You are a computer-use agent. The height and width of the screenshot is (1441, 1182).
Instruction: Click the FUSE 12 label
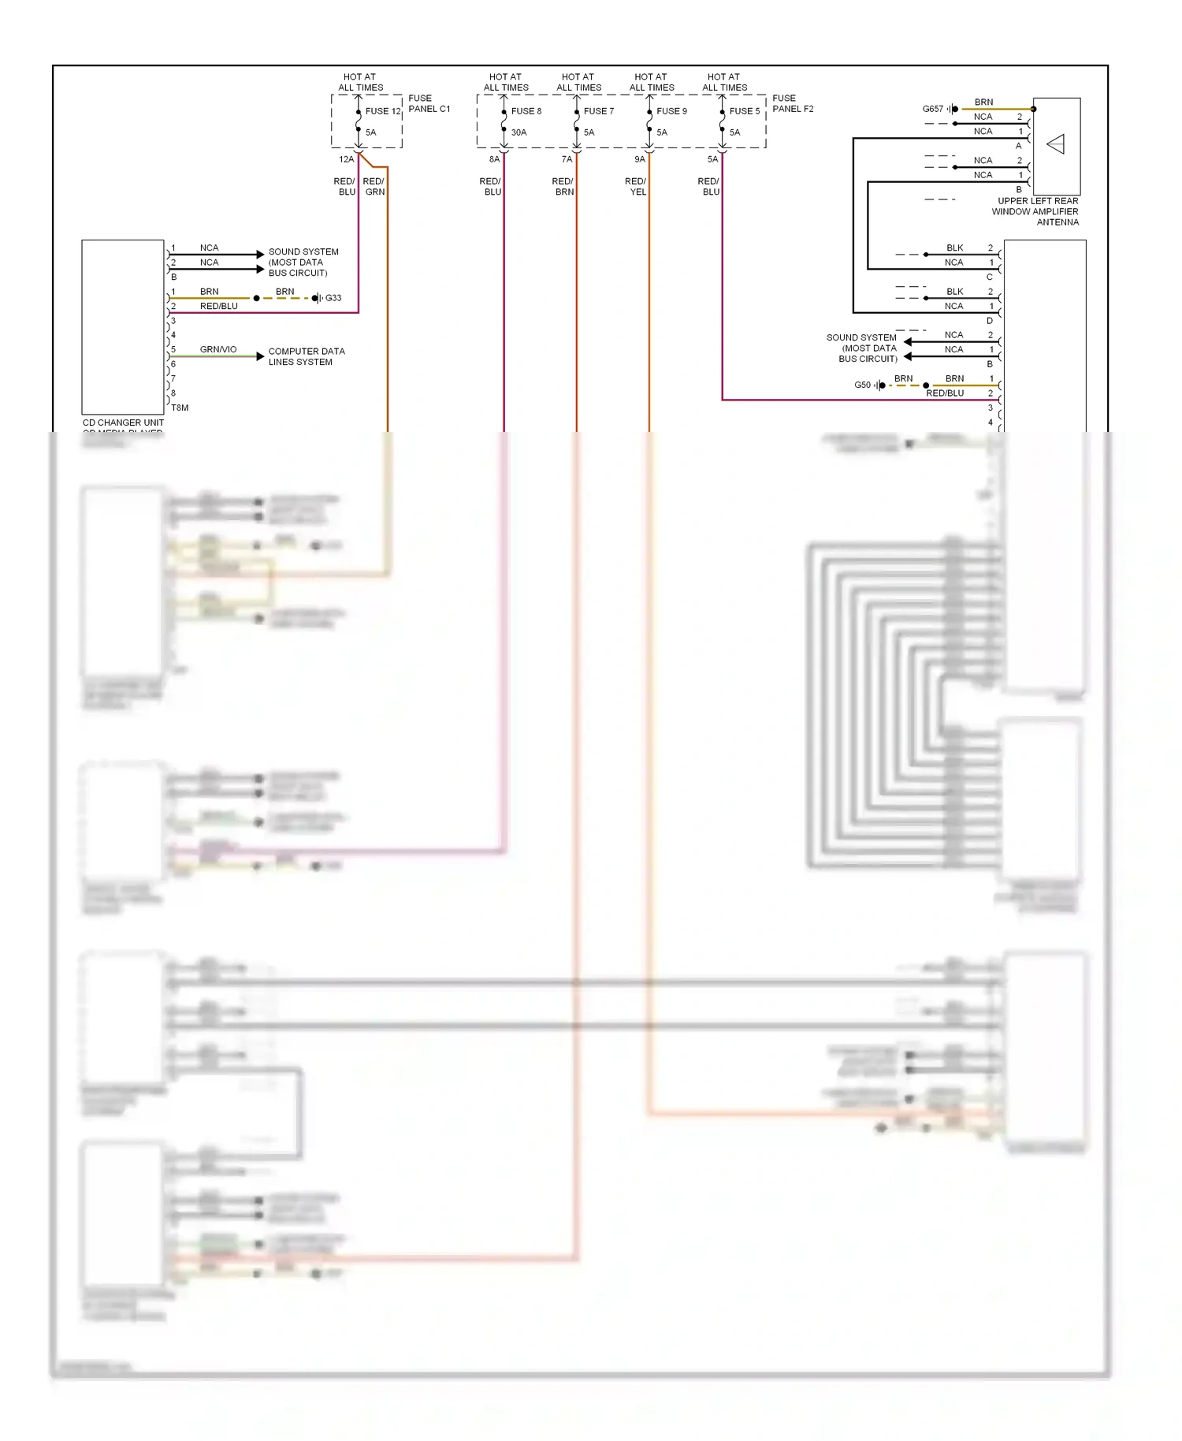pos(382,111)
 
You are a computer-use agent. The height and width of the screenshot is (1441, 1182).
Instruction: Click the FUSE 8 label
pos(526,111)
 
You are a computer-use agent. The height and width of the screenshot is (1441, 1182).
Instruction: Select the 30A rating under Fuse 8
pos(519,132)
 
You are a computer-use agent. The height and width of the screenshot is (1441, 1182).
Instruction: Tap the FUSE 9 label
pos(671,111)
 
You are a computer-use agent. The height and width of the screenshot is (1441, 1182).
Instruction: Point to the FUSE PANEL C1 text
pos(429,103)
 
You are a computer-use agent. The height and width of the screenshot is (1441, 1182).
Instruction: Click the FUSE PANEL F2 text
pos(792,103)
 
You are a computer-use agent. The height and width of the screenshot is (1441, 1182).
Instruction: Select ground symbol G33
pos(317,298)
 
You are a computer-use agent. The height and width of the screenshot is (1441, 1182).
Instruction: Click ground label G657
pos(932,109)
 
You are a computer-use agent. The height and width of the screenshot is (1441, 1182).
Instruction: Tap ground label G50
pos(862,385)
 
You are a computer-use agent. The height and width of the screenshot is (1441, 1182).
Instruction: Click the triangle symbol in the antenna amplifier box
pos(1056,144)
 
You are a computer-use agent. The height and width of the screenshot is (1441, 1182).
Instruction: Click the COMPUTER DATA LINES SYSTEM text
pos(306,356)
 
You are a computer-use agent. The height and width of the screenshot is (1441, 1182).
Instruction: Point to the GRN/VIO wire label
pos(217,349)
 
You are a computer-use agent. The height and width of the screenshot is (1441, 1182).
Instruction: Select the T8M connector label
pos(180,408)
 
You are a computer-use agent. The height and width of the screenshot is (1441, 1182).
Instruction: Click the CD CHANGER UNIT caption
pos(123,423)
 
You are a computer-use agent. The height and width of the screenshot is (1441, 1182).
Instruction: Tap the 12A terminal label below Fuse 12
pos(346,159)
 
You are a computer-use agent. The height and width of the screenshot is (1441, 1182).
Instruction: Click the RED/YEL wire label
pos(636,187)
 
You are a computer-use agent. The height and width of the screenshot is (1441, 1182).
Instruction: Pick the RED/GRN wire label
pos(374,187)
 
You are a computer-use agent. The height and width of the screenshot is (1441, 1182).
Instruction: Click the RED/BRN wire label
pos(563,187)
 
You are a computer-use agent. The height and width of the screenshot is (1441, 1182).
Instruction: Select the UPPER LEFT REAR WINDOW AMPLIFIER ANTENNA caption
pos(1037,211)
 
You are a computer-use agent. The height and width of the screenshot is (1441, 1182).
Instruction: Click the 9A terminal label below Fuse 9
pos(639,159)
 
